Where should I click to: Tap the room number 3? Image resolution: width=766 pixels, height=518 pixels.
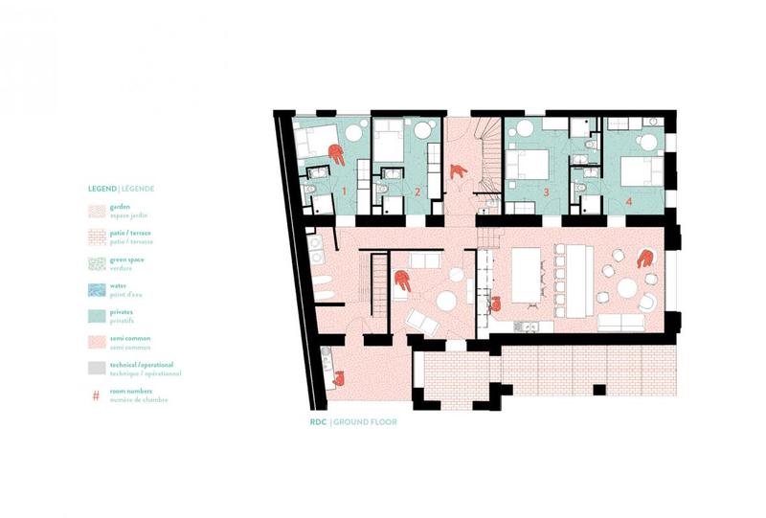tap(547, 193)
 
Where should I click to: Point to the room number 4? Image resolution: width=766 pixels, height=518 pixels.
tap(629, 201)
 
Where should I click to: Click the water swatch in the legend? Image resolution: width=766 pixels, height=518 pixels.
tap(96, 288)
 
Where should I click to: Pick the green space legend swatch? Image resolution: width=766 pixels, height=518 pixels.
tap(96, 261)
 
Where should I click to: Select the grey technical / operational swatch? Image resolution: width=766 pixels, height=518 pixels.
tap(96, 368)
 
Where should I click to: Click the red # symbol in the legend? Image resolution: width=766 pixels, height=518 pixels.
tap(96, 394)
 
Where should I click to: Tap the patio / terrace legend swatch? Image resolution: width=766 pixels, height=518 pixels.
tap(96, 236)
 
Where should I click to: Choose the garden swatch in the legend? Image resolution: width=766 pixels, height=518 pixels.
tap(96, 209)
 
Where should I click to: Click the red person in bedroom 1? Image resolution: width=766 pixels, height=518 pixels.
tap(335, 152)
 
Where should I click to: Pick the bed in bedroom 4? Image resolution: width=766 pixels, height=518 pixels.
tap(639, 170)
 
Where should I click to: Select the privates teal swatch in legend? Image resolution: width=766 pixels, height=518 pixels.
tap(96, 315)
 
